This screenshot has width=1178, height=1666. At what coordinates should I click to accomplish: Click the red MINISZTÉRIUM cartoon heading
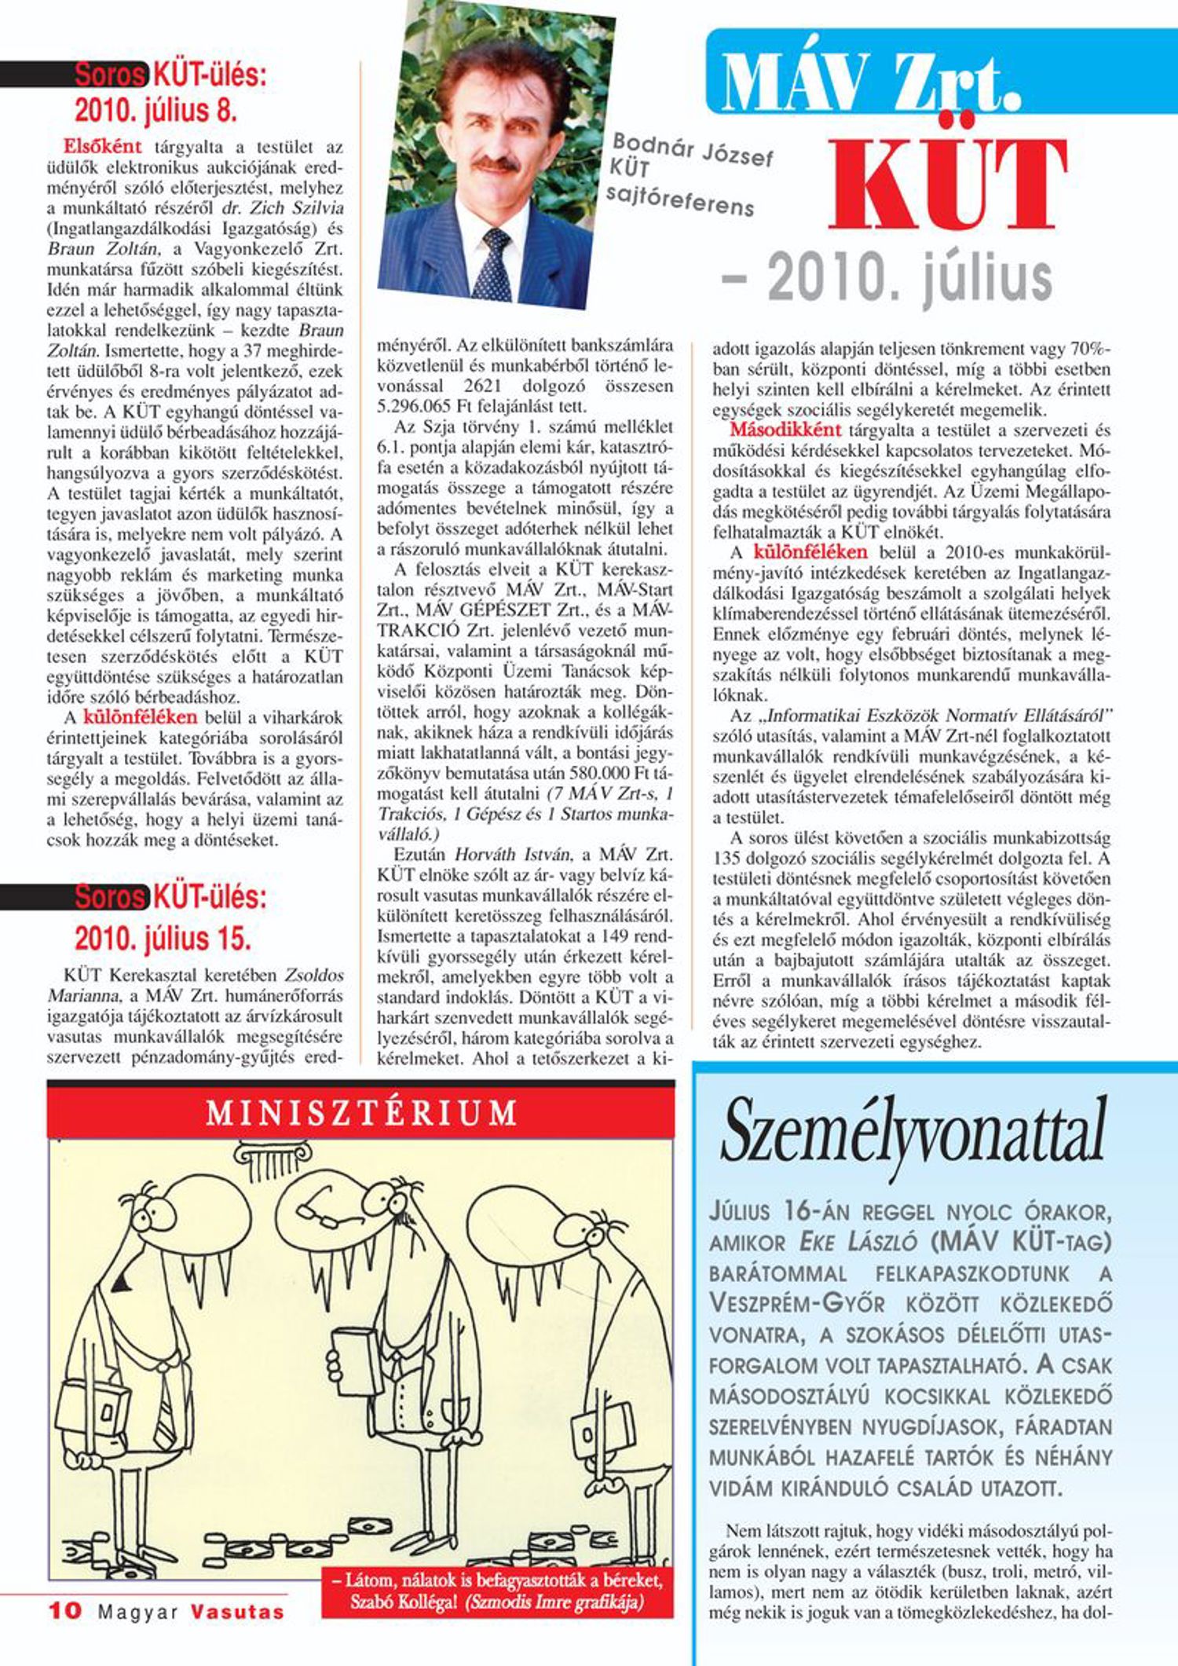361,1113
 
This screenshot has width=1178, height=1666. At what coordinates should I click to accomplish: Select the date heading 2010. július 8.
155,111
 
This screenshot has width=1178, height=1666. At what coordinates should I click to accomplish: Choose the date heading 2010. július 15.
163,939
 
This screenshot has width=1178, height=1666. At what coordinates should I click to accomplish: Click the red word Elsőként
103,146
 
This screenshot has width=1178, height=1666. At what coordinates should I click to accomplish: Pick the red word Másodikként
785,430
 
